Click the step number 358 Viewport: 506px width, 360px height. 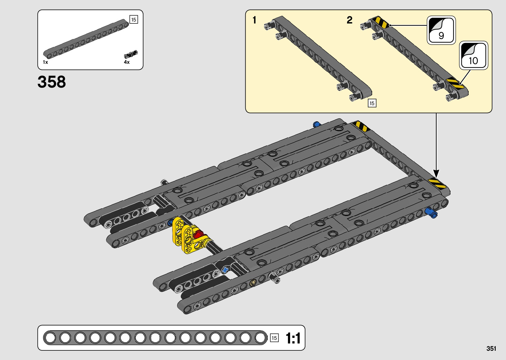click(x=52, y=82)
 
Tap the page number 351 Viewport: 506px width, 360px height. click(x=491, y=348)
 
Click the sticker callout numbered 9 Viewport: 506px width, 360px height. click(x=441, y=30)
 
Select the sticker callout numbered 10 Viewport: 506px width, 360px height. click(x=473, y=56)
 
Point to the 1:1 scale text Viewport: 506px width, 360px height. click(x=293, y=338)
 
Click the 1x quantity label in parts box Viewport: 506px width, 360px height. click(x=45, y=62)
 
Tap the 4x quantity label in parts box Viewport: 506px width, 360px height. click(x=127, y=62)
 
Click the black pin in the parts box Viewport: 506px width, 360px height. click(x=131, y=54)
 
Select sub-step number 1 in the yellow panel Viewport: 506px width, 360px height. click(x=254, y=20)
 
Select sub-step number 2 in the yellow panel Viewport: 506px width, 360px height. click(x=349, y=20)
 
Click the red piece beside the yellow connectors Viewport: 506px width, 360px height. click(x=198, y=235)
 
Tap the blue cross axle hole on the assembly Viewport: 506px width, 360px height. click(x=225, y=270)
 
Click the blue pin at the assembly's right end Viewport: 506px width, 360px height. click(x=431, y=213)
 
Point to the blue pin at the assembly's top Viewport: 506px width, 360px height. click(x=316, y=125)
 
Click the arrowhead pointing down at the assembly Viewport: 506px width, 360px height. click(x=436, y=173)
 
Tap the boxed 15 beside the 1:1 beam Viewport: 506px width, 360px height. click(x=274, y=338)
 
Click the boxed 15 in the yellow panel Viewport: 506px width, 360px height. click(x=372, y=103)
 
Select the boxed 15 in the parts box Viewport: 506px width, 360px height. click(x=134, y=20)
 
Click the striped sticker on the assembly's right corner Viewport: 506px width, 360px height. click(x=437, y=183)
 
